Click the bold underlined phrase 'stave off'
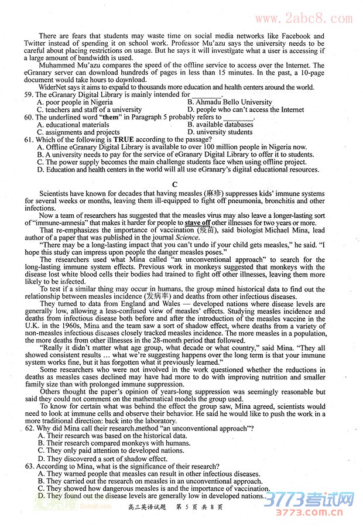click(x=197, y=223)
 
